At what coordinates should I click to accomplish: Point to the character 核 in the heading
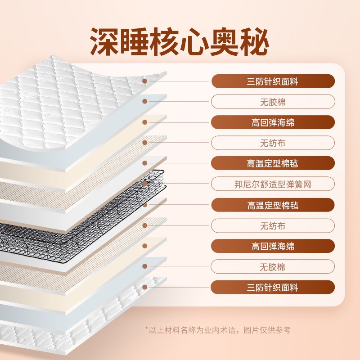180,42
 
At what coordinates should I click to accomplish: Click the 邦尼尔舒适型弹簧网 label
273,184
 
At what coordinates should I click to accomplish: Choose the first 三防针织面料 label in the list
273,81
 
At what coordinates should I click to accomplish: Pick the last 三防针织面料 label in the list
273,288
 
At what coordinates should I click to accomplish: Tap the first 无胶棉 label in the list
273,102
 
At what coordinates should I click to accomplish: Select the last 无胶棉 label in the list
273,267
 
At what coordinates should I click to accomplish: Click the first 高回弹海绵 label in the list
273,122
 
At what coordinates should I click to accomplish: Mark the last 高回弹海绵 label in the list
273,246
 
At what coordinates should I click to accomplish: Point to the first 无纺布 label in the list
273,143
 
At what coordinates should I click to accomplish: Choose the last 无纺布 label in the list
273,225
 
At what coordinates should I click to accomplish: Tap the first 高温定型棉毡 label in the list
273,163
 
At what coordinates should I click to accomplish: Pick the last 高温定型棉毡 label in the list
273,205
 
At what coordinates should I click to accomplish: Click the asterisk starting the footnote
147,329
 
